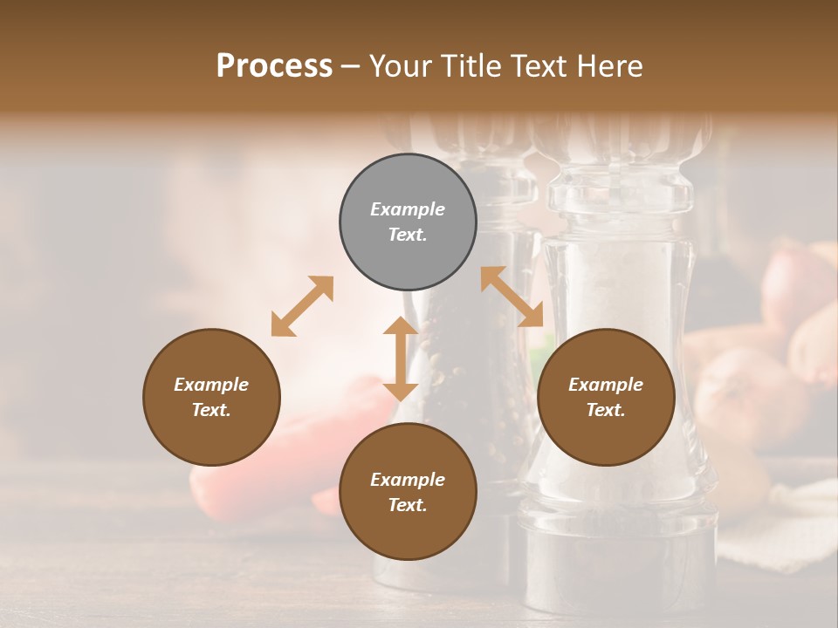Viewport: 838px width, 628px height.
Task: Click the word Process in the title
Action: [x=274, y=66]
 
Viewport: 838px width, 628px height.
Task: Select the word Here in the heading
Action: [x=610, y=66]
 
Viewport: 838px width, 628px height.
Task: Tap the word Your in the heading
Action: [x=401, y=66]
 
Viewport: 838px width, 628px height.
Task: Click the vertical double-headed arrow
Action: [x=401, y=358]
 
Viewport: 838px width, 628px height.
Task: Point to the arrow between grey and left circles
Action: [x=302, y=306]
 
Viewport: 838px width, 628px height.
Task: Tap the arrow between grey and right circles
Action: [x=512, y=297]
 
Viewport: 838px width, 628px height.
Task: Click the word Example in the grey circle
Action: [x=408, y=209]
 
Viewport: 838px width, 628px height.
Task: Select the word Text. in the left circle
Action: [x=211, y=410]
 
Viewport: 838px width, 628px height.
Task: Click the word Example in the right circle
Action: [x=606, y=385]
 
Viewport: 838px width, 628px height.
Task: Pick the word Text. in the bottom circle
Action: [x=408, y=505]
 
